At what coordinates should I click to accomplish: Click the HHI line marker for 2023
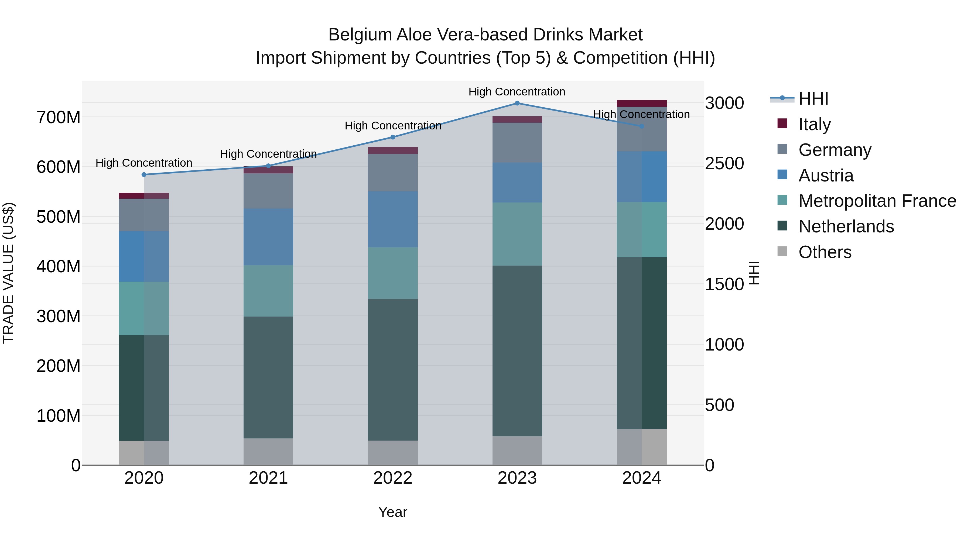(517, 103)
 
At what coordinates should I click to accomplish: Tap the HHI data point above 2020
(144, 175)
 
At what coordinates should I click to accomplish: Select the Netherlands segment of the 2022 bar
(392, 369)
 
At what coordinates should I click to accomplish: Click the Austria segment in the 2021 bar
(268, 237)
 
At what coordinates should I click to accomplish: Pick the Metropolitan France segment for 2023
(517, 234)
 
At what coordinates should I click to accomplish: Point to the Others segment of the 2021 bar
(268, 451)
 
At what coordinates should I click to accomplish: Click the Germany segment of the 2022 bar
(392, 172)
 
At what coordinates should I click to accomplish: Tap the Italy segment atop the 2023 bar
(517, 119)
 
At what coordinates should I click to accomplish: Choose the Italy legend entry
(814, 124)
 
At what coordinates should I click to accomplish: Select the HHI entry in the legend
(813, 99)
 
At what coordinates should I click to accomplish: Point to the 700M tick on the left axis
(59, 118)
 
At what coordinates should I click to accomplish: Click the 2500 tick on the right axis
(724, 164)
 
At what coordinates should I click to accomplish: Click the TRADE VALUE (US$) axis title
(8, 272)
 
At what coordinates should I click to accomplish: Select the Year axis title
(392, 512)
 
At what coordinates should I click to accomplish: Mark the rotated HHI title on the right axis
(754, 272)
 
